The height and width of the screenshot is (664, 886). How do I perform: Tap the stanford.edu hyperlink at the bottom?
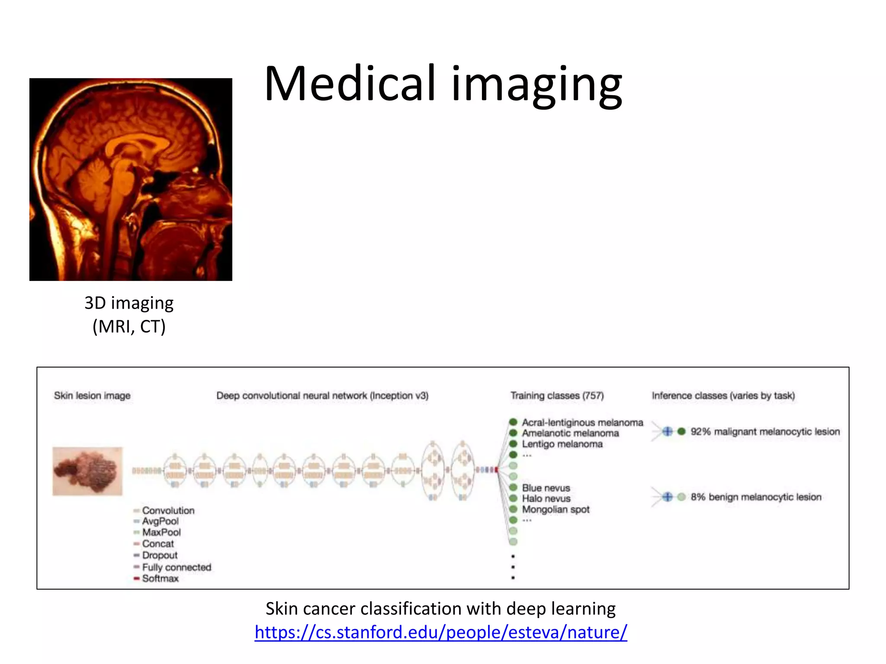(x=440, y=632)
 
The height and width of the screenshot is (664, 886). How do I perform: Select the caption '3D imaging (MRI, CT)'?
(x=129, y=315)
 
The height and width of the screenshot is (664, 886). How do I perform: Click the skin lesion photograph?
(x=87, y=471)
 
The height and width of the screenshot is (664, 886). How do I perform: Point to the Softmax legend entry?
(x=160, y=578)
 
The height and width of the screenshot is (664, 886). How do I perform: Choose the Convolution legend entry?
(x=168, y=511)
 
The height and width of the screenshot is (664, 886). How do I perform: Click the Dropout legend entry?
(x=160, y=555)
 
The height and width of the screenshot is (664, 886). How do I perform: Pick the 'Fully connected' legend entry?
(x=177, y=567)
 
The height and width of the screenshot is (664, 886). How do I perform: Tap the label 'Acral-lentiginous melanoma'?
(x=582, y=422)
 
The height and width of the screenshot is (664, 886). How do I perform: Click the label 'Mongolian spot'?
(x=555, y=510)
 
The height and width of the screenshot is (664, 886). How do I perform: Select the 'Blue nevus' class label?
(x=546, y=488)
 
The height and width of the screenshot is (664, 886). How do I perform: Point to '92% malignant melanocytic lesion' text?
(x=765, y=431)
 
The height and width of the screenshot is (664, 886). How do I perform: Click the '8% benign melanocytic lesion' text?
(x=756, y=497)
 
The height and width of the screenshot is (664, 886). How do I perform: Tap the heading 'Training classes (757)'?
(x=557, y=396)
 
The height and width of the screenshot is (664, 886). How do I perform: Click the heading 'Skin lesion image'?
(x=92, y=396)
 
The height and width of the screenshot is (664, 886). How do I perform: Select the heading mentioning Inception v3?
(x=322, y=396)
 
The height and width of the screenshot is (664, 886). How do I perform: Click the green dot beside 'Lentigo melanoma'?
(x=513, y=444)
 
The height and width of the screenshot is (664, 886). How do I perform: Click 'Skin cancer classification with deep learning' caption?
(x=440, y=609)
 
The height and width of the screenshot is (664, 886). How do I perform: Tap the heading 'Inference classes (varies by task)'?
(x=723, y=396)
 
